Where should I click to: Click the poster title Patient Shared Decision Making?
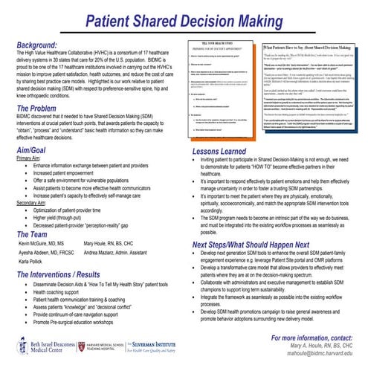184,14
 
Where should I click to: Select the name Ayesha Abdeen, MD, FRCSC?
48,254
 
